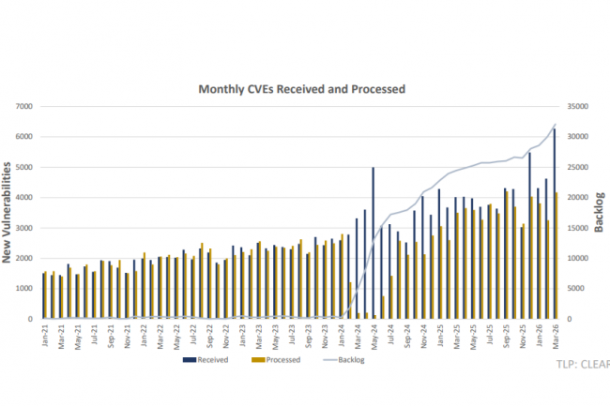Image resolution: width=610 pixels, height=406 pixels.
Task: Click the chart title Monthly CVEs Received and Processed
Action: point(301,89)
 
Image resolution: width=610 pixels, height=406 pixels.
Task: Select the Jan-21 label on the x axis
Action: point(45,337)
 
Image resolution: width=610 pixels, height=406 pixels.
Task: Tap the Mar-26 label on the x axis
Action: point(557,337)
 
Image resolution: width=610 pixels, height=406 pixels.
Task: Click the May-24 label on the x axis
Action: point(374,337)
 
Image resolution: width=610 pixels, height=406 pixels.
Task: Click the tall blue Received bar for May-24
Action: point(374,243)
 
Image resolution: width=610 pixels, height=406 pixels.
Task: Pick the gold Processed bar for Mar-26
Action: point(557,255)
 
